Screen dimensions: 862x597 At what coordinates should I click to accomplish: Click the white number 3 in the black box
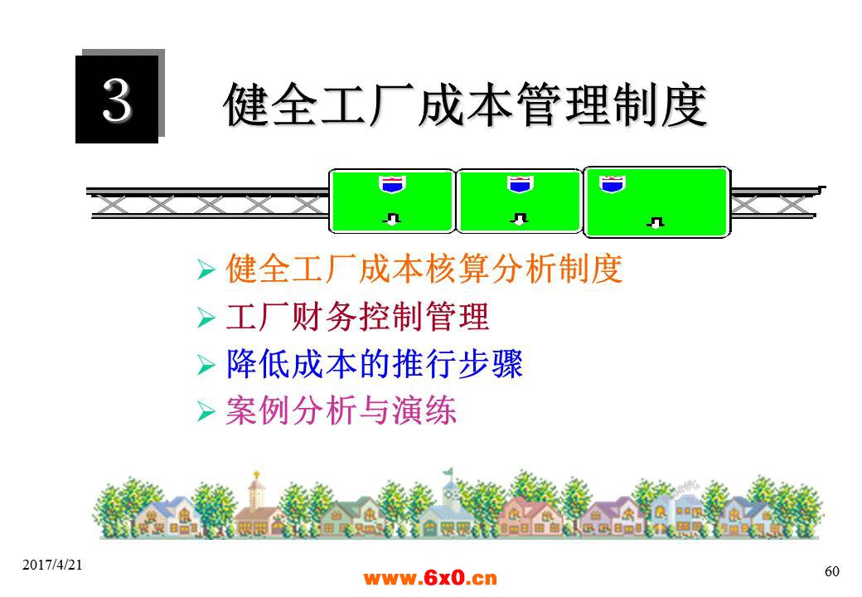click(117, 99)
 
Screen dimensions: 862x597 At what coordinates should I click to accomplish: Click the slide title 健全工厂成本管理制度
click(464, 104)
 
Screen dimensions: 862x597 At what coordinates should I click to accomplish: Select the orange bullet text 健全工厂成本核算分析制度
click(424, 269)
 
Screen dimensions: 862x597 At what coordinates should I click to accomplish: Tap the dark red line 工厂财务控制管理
click(357, 317)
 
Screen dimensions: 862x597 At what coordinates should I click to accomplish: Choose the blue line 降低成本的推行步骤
click(375, 364)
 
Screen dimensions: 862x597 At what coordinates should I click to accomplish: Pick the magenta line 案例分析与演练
click(341, 410)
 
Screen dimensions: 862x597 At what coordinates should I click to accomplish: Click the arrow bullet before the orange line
click(206, 270)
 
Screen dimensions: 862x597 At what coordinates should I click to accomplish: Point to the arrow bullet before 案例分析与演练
click(206, 411)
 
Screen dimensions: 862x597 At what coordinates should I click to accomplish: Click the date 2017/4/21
click(52, 565)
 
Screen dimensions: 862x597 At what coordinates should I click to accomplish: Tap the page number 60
click(832, 571)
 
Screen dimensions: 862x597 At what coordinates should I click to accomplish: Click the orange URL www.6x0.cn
click(430, 578)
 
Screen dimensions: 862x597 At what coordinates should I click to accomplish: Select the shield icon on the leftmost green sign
click(391, 184)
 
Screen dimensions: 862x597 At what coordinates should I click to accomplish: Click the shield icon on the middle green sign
click(520, 184)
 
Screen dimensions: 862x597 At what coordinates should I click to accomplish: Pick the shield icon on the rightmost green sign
click(612, 184)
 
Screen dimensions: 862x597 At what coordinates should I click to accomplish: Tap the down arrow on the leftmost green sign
click(391, 219)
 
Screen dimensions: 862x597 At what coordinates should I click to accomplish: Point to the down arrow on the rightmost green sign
click(656, 222)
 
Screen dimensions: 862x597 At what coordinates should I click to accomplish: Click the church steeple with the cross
click(255, 489)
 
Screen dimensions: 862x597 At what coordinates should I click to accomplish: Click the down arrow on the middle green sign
click(519, 219)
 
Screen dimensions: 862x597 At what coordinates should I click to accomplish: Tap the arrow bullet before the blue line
click(206, 365)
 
